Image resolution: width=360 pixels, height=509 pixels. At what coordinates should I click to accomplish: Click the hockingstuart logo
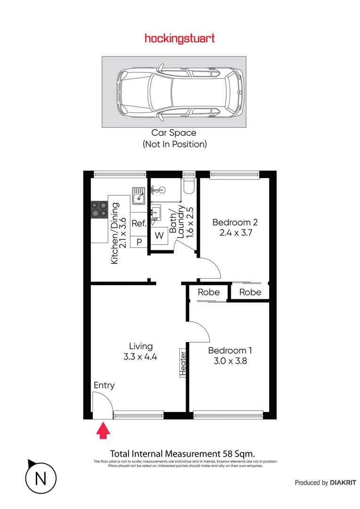click(180, 39)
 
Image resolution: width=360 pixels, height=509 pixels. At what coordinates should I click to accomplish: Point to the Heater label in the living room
click(183, 364)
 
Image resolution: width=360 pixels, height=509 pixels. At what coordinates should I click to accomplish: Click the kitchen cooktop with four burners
click(99, 209)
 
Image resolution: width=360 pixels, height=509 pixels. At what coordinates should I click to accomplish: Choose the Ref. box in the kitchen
click(139, 223)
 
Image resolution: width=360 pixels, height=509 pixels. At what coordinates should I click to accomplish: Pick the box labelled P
click(139, 242)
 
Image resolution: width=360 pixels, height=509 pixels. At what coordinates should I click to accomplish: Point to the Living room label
click(141, 346)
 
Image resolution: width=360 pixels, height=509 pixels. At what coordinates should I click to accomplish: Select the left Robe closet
click(208, 292)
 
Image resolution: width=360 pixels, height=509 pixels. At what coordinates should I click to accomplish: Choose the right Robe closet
click(250, 292)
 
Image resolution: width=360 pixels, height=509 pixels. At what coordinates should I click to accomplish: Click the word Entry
click(104, 385)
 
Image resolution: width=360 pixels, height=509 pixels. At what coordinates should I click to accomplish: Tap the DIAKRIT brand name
click(343, 483)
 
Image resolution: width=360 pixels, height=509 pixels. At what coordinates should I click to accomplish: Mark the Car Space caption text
click(173, 133)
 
